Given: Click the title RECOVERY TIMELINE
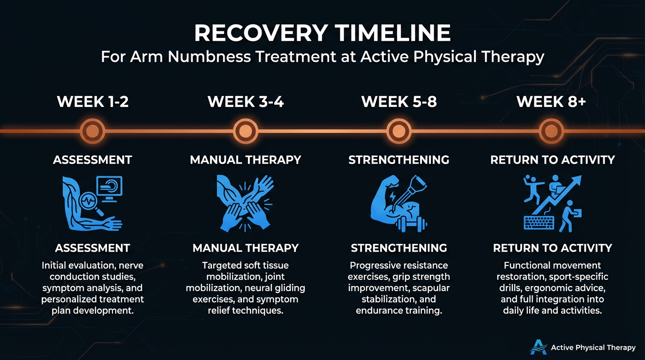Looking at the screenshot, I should pyautogui.click(x=322, y=33).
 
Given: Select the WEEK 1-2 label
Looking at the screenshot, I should pyautogui.click(x=93, y=101).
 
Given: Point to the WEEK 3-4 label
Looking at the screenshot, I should pyautogui.click(x=246, y=101).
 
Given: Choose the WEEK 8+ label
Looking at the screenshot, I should pyautogui.click(x=551, y=101).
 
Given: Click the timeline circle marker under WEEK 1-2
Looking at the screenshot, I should pyautogui.click(x=93, y=131).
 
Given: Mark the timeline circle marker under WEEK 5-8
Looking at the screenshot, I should pyautogui.click(x=399, y=131).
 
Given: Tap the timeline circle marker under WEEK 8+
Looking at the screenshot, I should pyautogui.click(x=552, y=131).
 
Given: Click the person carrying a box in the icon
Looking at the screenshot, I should pyautogui.click(x=569, y=216).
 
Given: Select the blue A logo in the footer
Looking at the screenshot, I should pyautogui.click(x=538, y=347).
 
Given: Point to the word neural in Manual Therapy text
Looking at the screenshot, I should pyautogui.click(x=256, y=287).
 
